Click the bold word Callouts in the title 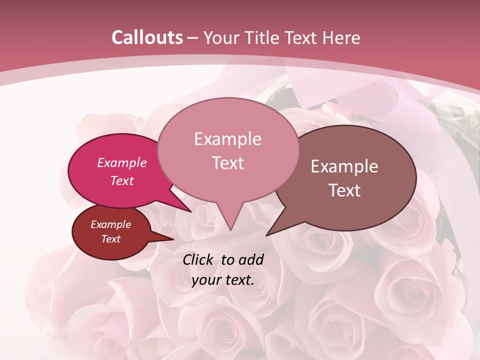147,37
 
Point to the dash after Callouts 193,38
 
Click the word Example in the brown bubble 344,166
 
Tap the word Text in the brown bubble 344,190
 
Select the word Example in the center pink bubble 227,139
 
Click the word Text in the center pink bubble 227,163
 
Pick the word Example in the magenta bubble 122,162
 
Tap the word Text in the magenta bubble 122,180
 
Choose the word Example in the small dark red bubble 110,224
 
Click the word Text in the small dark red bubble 110,239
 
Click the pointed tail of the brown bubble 269,234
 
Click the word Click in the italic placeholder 199,259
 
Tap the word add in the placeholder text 251,259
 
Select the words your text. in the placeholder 223,280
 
